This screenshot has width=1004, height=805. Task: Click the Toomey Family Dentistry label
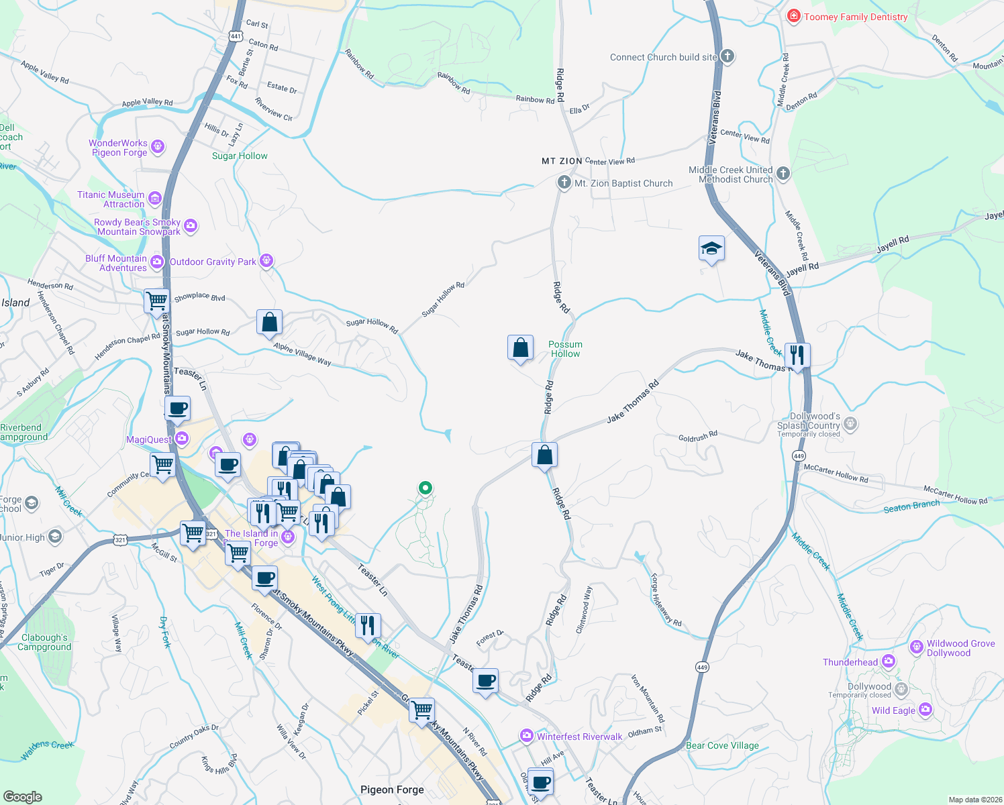[x=856, y=17]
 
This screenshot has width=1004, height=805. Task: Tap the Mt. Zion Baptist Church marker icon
[x=564, y=182]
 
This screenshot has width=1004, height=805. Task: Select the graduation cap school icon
[x=711, y=249]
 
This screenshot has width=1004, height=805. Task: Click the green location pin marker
[x=425, y=488]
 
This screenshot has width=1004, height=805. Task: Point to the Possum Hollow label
[x=565, y=349]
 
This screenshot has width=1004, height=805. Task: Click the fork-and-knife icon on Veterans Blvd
[x=797, y=355]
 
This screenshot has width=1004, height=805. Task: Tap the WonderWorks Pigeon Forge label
[x=119, y=148]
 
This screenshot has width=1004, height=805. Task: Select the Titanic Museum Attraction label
[x=111, y=199]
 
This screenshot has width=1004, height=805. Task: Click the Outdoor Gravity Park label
[x=213, y=262]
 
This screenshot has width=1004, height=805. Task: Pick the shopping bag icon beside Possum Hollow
[x=521, y=348]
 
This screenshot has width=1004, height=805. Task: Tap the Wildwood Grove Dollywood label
[x=960, y=648]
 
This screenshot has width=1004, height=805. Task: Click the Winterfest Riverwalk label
[x=579, y=737]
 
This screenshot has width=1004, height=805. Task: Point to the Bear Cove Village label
[x=722, y=745]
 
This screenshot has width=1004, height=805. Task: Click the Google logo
[x=22, y=796]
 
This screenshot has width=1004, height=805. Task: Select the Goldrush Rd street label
[x=698, y=437]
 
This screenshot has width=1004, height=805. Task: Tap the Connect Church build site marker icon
[x=727, y=56]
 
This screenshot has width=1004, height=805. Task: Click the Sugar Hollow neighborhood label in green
[x=240, y=156]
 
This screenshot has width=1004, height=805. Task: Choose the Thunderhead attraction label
[x=850, y=662]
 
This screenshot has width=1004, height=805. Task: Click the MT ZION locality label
[x=562, y=162]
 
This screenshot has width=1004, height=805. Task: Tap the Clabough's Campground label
[x=44, y=642]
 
